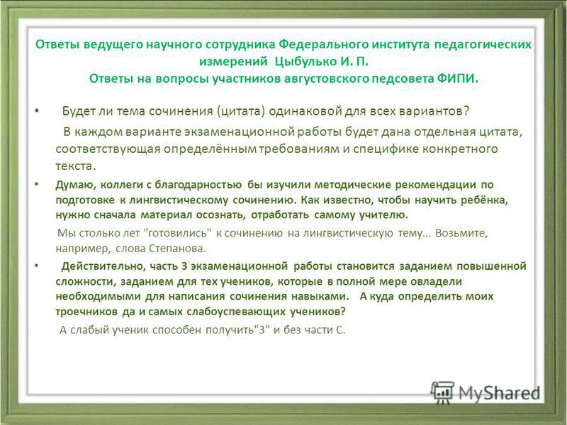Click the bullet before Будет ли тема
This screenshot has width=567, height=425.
click(37, 110)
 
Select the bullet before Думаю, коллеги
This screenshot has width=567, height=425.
click(37, 184)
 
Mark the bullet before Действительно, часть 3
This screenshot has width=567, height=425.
click(37, 266)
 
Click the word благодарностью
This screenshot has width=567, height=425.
click(198, 185)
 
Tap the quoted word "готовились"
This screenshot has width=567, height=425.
click(178, 233)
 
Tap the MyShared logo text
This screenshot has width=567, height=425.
click(500, 393)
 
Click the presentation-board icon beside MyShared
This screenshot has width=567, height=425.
click(442, 392)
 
